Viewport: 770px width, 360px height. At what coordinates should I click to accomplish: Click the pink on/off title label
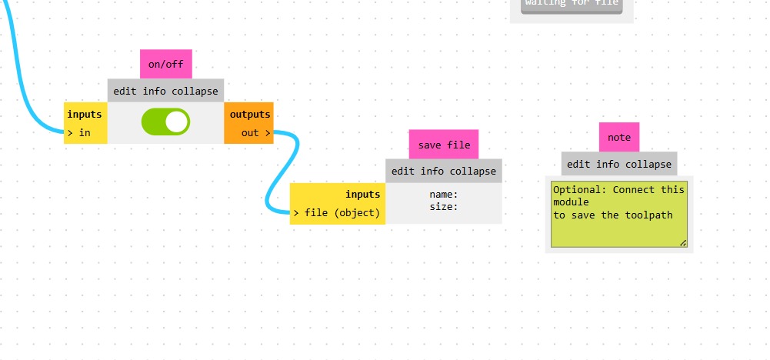pyautogui.click(x=166, y=65)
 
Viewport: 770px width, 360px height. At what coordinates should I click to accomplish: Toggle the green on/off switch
pyautogui.click(x=165, y=122)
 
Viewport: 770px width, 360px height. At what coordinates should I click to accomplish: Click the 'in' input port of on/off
pyautogui.click(x=80, y=133)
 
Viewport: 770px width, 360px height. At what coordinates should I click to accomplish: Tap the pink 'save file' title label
pyautogui.click(x=444, y=145)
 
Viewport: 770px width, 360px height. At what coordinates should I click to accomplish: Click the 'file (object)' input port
pyautogui.click(x=337, y=213)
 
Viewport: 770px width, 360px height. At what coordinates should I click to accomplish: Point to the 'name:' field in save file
pyautogui.click(x=444, y=195)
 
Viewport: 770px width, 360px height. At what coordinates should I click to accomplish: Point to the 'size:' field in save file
pyautogui.click(x=444, y=207)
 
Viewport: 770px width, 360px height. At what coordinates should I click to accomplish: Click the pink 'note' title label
pyautogui.click(x=619, y=138)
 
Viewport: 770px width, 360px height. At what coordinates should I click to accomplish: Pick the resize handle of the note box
pyautogui.click(x=682, y=243)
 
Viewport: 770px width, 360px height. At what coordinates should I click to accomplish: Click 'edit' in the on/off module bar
pyautogui.click(x=125, y=92)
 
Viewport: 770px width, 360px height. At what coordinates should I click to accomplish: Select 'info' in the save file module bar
pyautogui.click(x=432, y=172)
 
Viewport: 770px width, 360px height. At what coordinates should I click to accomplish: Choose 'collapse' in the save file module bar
pyautogui.click(x=473, y=172)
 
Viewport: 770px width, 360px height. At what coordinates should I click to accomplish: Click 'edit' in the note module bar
pyautogui.click(x=578, y=164)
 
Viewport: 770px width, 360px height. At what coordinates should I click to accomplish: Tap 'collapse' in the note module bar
pyautogui.click(x=649, y=164)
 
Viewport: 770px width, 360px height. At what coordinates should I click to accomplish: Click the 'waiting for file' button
pyautogui.click(x=572, y=4)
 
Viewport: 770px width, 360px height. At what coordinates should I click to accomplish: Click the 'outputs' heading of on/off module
pyautogui.click(x=250, y=115)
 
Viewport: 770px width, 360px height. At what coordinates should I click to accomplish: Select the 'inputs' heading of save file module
pyautogui.click(x=362, y=195)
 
